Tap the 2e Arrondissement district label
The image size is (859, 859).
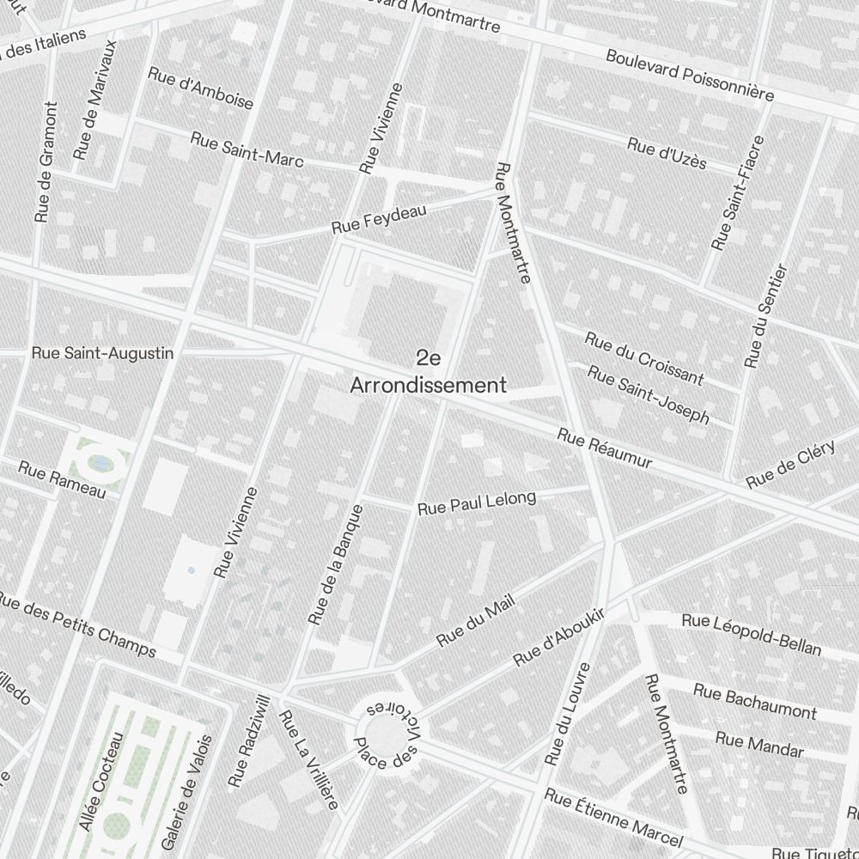point(428,372)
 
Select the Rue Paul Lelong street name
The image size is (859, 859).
point(477,503)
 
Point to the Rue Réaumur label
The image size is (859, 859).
point(604,448)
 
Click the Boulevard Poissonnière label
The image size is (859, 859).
point(690,75)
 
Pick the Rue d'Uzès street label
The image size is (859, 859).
point(667,153)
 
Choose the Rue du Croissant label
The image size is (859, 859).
point(644,358)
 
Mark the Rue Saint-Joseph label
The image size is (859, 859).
point(649,394)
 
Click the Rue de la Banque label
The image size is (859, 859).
point(336,564)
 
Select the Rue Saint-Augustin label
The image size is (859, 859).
point(102,353)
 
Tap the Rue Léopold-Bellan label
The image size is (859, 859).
point(751,633)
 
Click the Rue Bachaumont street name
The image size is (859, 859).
point(755,702)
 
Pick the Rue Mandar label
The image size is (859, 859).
point(759,745)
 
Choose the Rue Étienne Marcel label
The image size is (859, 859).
point(613,819)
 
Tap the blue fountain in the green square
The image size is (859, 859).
point(101,464)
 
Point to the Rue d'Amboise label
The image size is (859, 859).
point(201,88)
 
